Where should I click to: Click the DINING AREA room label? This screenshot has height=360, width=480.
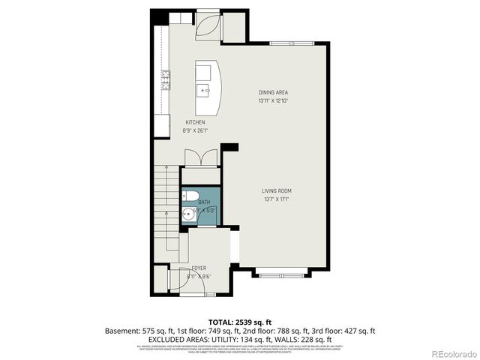pos(273,92)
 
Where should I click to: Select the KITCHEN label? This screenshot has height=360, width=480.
pos(195,122)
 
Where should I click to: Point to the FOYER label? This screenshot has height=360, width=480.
pos(199,268)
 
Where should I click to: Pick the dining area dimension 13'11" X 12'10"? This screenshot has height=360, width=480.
pos(273,100)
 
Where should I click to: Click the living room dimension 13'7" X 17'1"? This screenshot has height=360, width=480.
pos(276,199)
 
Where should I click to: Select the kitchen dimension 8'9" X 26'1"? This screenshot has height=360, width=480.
pos(195,130)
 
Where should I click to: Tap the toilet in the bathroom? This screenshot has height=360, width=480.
pos(191,197)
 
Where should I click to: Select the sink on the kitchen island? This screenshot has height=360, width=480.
pos(203,89)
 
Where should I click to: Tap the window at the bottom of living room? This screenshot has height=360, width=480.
pos(281,272)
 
